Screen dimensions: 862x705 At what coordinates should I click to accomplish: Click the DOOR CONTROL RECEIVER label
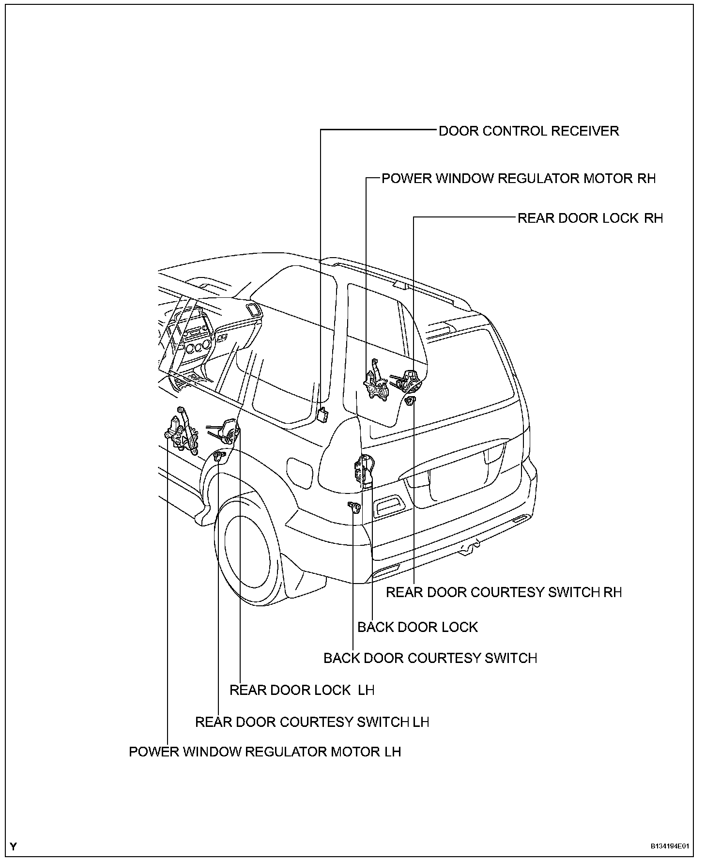click(528, 131)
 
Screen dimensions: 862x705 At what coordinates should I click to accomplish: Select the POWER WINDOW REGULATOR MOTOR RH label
click(518, 179)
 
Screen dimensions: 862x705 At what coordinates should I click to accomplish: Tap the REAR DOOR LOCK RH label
click(590, 218)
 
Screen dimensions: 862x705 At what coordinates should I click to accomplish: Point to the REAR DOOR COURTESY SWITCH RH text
click(504, 592)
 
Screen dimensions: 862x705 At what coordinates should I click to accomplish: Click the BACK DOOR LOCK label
click(417, 627)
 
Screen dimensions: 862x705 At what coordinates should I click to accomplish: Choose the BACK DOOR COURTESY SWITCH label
click(430, 658)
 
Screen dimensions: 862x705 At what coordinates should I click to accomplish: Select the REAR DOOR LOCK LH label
click(302, 690)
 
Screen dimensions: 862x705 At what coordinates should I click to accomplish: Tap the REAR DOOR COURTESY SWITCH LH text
click(312, 722)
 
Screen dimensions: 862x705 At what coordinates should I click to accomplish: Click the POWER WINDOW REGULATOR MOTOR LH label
click(265, 752)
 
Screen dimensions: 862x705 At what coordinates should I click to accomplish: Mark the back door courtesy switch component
click(355, 507)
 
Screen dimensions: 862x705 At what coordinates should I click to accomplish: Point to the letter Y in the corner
click(14, 847)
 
